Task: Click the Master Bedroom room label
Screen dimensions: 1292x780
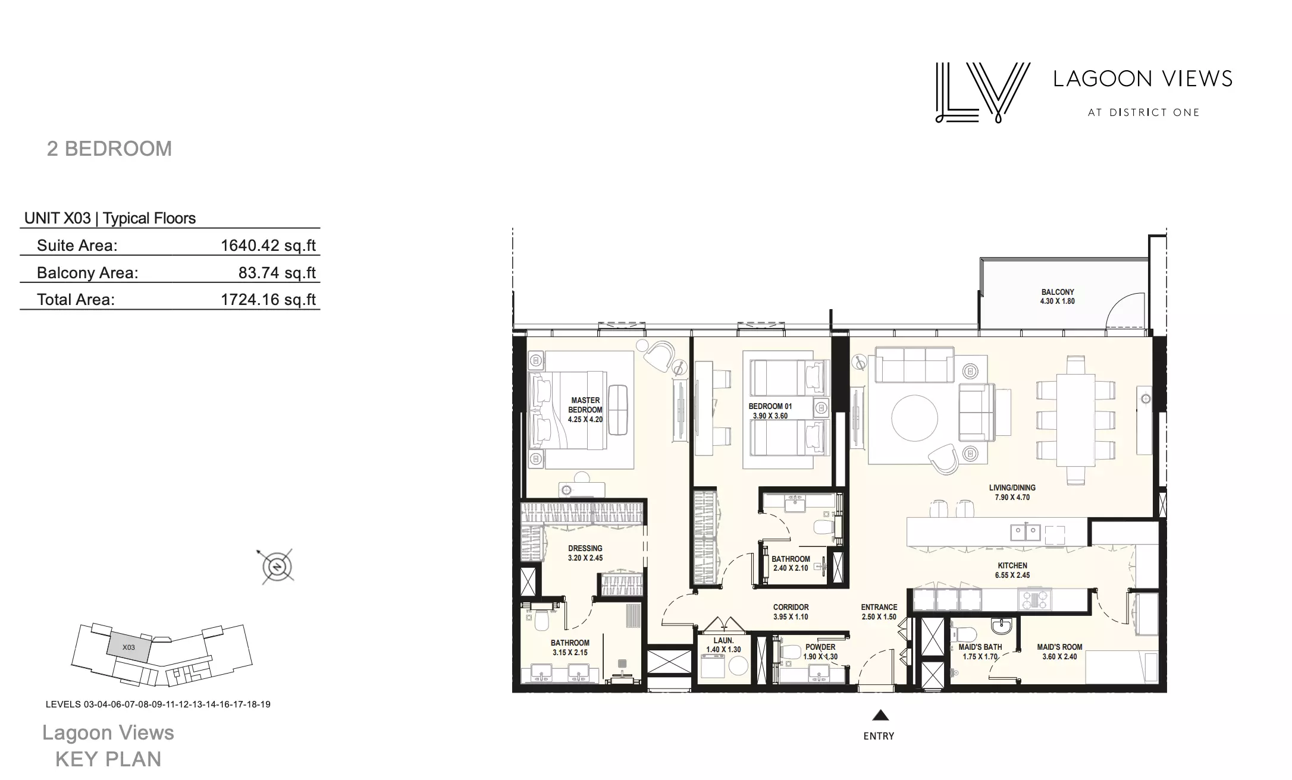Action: [x=585, y=410]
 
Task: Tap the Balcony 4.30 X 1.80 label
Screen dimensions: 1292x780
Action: [x=1058, y=297]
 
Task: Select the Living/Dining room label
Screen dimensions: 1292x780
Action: [x=1012, y=492]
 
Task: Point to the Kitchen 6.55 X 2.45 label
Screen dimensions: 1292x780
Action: [x=1012, y=570]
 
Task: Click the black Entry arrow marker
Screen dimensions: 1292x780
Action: [x=880, y=715]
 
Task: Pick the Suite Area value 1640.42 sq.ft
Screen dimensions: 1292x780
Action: [x=268, y=246]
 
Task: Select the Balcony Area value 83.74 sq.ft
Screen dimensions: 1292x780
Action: [x=277, y=273]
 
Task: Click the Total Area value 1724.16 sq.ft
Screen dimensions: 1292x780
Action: [x=268, y=300]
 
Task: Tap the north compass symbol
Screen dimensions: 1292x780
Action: [x=277, y=567]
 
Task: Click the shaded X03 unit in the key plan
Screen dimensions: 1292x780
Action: [x=129, y=647]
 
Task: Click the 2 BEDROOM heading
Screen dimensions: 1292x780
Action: [x=109, y=149]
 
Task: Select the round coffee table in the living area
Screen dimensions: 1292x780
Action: [x=915, y=419]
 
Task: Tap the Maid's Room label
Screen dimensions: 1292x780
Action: [x=1059, y=652]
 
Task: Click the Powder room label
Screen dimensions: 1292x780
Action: [x=820, y=652]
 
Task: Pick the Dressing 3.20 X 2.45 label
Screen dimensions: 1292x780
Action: [x=585, y=553]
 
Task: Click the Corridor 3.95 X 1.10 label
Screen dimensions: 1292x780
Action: [x=791, y=612]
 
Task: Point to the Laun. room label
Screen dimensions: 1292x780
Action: [x=723, y=645]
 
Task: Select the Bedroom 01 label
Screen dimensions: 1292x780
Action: [x=770, y=411]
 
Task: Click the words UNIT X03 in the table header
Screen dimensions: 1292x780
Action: [x=58, y=218]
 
